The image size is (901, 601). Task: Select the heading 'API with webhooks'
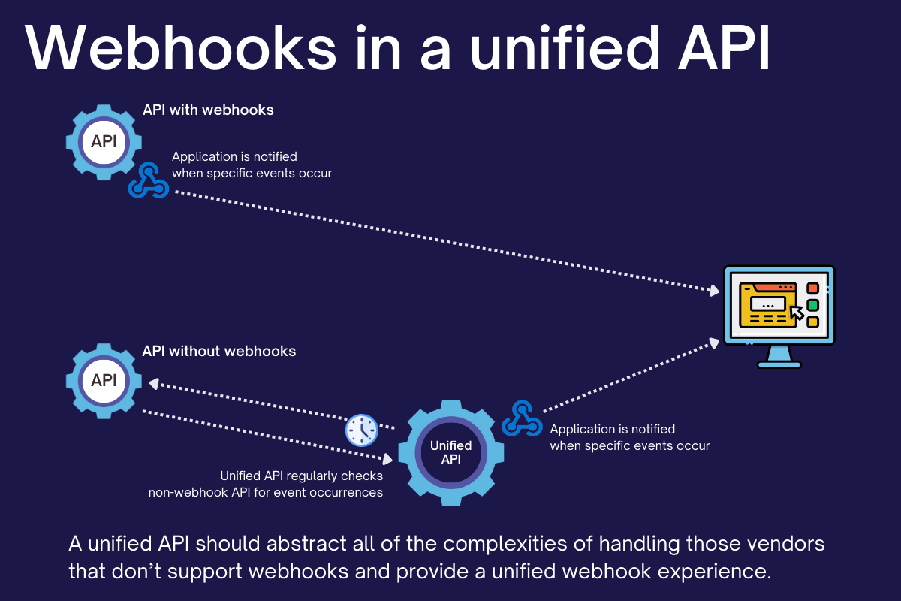pos(208,110)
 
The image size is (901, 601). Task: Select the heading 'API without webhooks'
pos(219,351)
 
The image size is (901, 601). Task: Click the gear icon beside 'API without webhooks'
pos(104,380)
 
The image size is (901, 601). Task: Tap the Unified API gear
pos(450,452)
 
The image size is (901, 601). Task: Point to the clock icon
pos(361,430)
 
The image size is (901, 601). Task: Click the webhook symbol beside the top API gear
pos(148,181)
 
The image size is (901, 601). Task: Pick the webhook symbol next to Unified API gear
pos(522,419)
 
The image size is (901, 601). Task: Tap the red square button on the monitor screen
pos(812,288)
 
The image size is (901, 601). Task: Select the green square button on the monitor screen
pos(812,305)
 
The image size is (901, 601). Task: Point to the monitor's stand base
pos(779,364)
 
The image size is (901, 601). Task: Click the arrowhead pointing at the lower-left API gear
pos(153,383)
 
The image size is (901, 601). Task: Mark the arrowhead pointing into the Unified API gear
pos(387,457)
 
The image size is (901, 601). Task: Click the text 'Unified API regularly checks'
pos(301,476)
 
